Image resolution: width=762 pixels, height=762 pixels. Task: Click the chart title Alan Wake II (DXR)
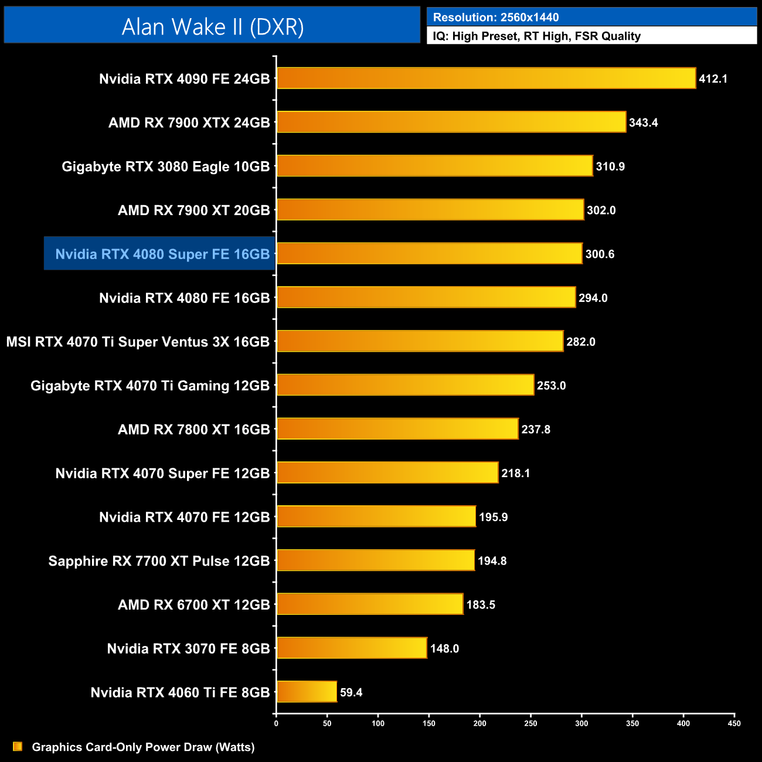[212, 26]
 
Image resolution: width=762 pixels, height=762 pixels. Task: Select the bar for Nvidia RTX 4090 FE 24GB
[486, 79]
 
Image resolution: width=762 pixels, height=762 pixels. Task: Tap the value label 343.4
[643, 123]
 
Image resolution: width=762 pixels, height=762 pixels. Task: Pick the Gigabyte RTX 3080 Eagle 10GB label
[165, 166]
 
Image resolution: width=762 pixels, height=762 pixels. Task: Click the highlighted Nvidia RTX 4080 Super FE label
[162, 254]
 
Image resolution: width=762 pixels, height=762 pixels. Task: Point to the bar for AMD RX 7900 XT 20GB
[430, 210]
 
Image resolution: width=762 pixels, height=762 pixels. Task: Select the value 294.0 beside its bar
[593, 298]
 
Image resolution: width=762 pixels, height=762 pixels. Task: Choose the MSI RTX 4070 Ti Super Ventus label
[138, 342]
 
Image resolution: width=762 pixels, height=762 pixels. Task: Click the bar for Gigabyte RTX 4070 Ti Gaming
[405, 385]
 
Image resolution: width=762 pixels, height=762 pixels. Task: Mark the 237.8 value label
[536, 429]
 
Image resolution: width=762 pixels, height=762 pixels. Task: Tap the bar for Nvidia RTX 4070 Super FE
[387, 472]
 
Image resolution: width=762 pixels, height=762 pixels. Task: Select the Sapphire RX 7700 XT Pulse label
[159, 561]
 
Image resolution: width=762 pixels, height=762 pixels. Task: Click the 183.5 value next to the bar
[481, 604]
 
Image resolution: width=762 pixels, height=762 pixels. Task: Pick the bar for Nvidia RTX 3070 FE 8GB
[352, 648]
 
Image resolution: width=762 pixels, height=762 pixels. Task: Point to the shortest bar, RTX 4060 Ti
[307, 692]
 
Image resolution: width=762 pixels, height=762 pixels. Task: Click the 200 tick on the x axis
[479, 723]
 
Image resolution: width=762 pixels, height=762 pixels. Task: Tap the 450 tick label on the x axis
[734, 723]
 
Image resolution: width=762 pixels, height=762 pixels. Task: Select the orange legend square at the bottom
[18, 747]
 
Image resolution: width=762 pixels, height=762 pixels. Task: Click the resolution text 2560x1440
[529, 17]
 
